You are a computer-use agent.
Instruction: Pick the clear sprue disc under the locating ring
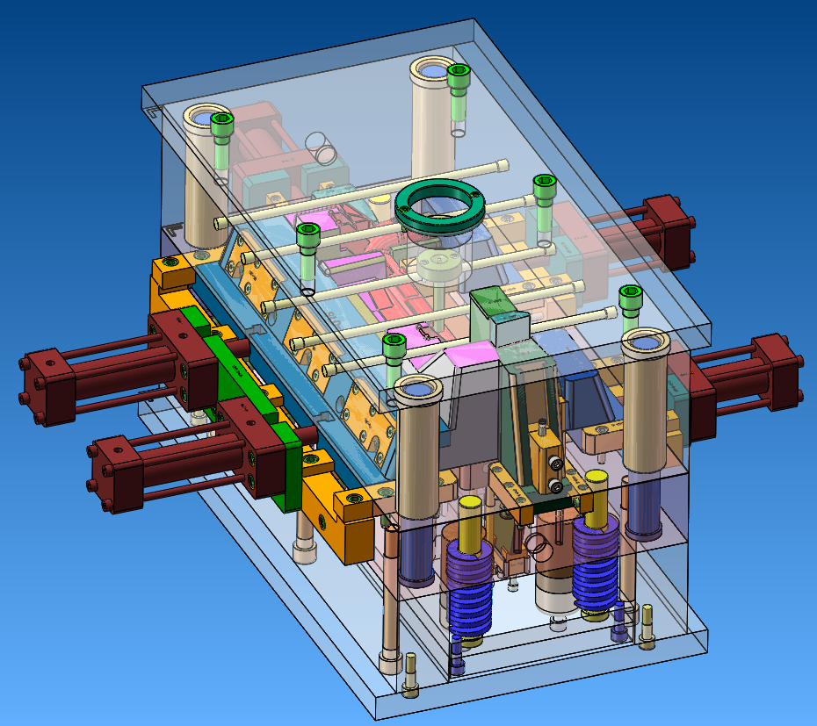point(439,263)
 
